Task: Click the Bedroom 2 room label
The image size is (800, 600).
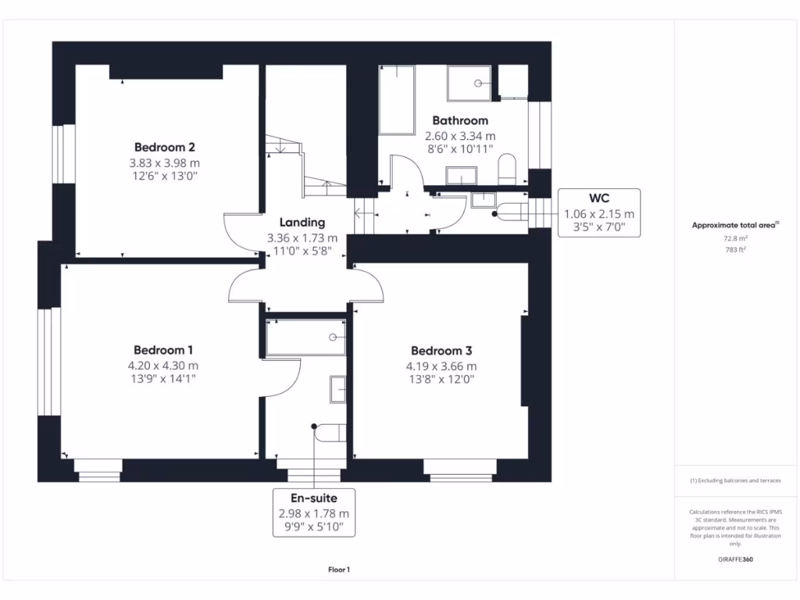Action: click(x=164, y=147)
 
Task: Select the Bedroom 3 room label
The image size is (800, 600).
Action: click(x=441, y=351)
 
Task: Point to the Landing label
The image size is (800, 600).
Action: click(x=302, y=223)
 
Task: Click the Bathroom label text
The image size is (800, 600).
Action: click(x=460, y=120)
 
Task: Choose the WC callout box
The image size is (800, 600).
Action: click(x=599, y=213)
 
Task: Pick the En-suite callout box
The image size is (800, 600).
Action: click(x=313, y=513)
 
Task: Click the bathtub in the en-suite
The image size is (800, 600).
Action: click(x=306, y=337)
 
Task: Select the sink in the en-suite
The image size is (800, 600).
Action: click(x=337, y=389)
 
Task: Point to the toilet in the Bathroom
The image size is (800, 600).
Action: click(x=508, y=167)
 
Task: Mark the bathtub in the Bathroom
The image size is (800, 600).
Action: click(x=397, y=101)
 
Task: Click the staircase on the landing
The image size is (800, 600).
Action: click(x=305, y=168)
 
